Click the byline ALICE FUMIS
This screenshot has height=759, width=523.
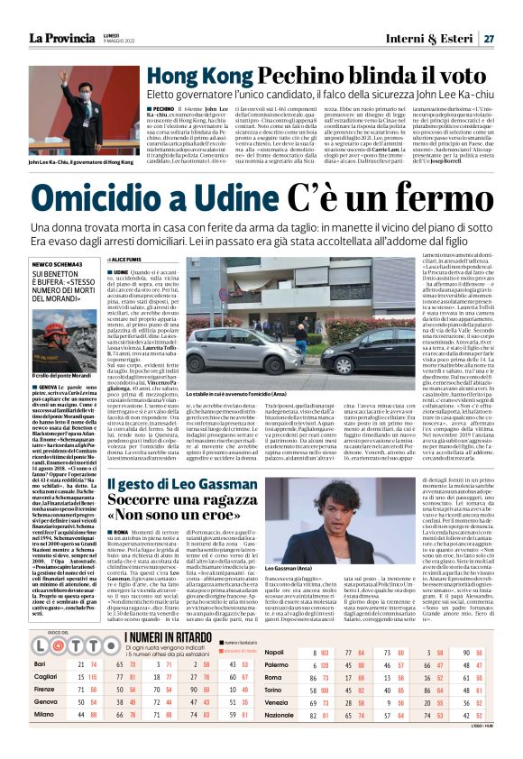[x=132, y=258]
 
